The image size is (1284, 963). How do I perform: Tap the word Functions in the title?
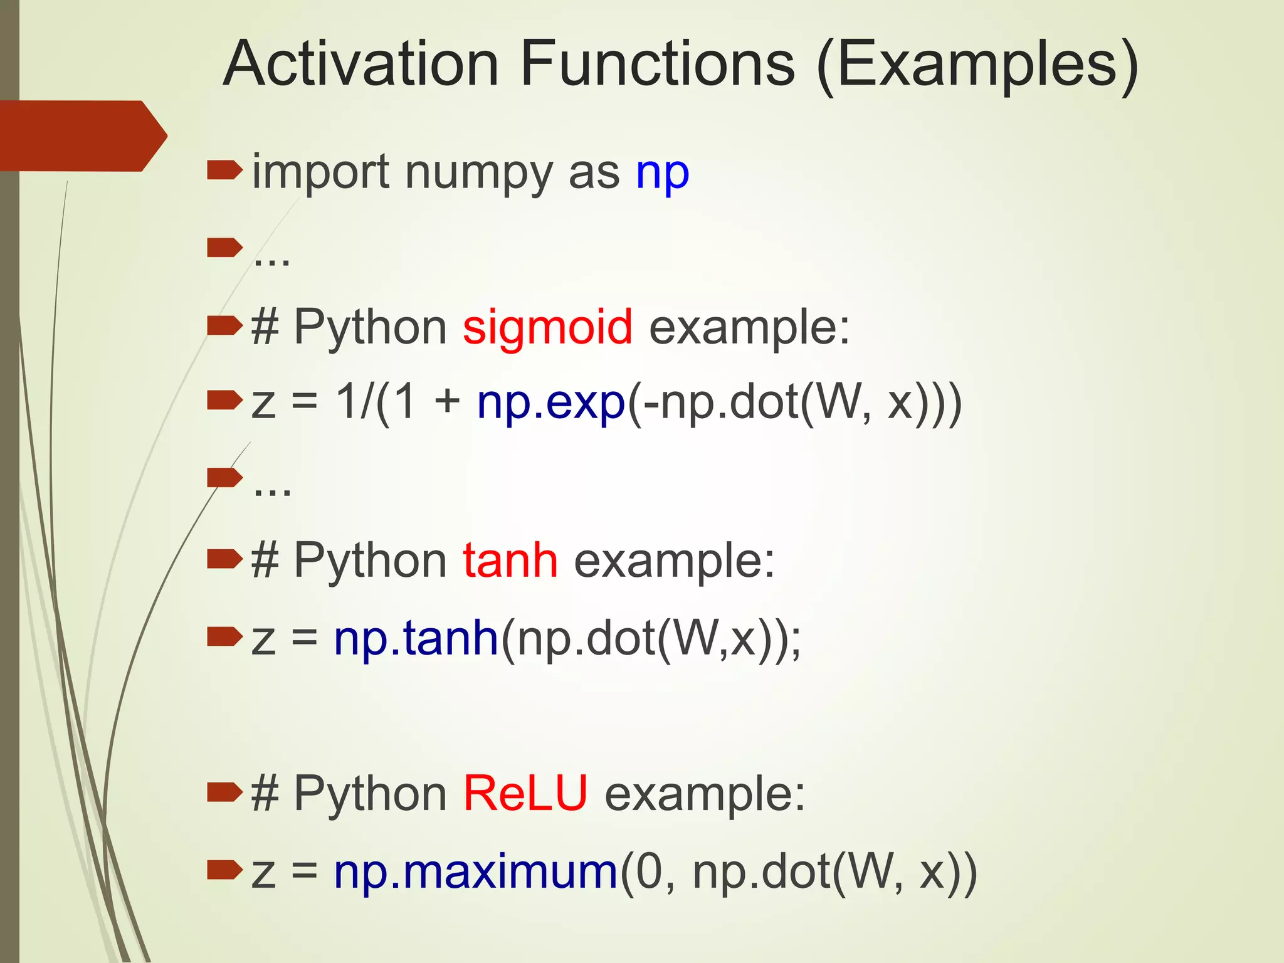[x=657, y=64]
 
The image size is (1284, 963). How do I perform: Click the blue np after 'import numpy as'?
[x=662, y=174]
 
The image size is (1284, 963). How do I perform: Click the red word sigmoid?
[x=547, y=327]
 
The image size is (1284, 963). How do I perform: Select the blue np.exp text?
[x=550, y=403]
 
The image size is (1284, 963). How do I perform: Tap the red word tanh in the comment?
[x=510, y=560]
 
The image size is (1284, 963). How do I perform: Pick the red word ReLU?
[x=525, y=794]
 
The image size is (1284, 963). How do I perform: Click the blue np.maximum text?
[x=476, y=872]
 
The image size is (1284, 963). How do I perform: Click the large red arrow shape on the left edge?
[x=82, y=136]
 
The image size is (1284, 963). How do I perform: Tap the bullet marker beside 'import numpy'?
[x=224, y=170]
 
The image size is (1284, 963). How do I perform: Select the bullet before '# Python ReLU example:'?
[x=224, y=792]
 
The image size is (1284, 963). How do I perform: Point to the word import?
[x=320, y=174]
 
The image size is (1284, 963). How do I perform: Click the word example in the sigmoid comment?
[x=749, y=327]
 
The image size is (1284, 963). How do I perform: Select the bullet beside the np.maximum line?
[x=224, y=870]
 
